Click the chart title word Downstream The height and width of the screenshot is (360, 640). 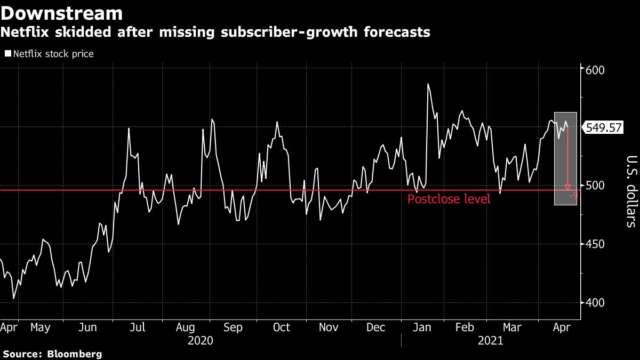click(x=62, y=13)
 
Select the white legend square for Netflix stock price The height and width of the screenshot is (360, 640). click(x=8, y=54)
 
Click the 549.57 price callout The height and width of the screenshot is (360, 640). click(x=603, y=128)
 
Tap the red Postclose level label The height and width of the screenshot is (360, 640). click(x=449, y=200)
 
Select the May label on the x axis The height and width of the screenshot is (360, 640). click(x=40, y=327)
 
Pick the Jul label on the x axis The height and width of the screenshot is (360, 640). click(x=138, y=327)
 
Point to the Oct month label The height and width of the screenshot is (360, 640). click(x=282, y=327)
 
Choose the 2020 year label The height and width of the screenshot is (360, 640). click(x=201, y=341)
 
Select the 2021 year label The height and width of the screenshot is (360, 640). click(x=491, y=341)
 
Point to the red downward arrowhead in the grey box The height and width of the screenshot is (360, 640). click(x=568, y=187)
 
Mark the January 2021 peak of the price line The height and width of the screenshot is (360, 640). click(x=428, y=84)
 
